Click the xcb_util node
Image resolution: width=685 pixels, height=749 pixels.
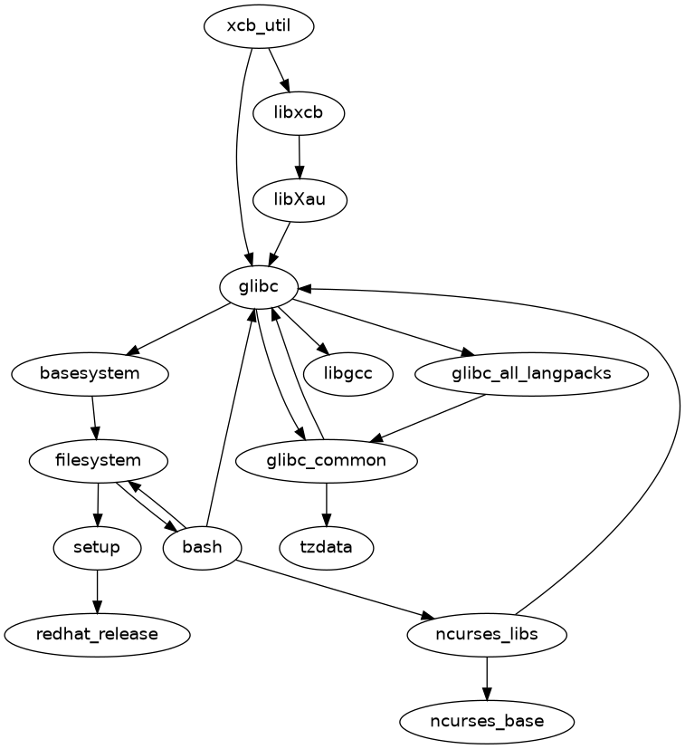[x=259, y=27]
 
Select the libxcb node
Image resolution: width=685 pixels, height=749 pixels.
[x=300, y=113]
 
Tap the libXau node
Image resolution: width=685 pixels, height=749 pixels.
[x=300, y=199]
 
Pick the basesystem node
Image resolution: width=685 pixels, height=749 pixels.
[x=90, y=373]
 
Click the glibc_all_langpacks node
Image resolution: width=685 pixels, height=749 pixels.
[x=531, y=373]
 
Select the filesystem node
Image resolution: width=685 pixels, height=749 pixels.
[x=98, y=460]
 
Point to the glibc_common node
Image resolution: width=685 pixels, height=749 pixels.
[x=326, y=460]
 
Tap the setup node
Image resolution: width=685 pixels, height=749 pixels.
[x=98, y=547]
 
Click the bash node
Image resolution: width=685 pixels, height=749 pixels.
[x=202, y=547]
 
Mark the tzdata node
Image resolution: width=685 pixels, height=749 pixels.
[x=327, y=547]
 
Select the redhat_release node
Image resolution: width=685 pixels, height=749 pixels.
[x=98, y=634]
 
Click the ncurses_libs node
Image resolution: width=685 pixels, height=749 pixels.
[x=487, y=634]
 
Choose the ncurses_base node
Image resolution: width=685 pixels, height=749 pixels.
[x=487, y=721]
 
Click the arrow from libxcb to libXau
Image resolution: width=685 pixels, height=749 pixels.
[x=300, y=156]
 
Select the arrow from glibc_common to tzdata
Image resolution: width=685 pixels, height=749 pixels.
[x=327, y=504]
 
